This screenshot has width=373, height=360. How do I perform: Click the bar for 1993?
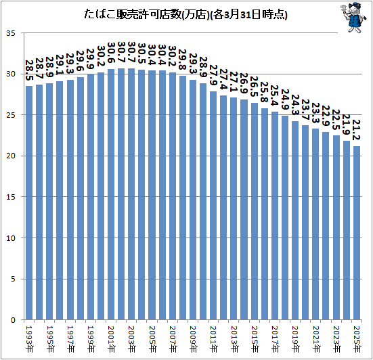click(x=29, y=203)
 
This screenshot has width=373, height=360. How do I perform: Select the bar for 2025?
click(x=357, y=233)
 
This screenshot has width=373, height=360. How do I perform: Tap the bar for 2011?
click(x=213, y=206)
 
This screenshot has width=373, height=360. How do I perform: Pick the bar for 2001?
click(x=111, y=194)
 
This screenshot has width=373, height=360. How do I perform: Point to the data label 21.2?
click(x=356, y=130)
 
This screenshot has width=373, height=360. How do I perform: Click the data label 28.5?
click(x=29, y=70)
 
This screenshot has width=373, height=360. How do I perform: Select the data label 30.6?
click(x=111, y=53)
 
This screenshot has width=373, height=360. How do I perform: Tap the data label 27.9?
click(x=213, y=75)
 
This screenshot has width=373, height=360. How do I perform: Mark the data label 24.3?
click(x=295, y=105)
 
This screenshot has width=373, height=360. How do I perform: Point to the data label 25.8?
click(x=264, y=92)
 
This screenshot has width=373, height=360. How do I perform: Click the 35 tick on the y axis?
click(x=11, y=33)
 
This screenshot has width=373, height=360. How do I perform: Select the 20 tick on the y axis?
click(x=11, y=156)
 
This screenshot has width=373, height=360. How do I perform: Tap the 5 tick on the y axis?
click(x=13, y=279)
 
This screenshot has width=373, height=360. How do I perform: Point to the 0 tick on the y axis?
click(x=13, y=320)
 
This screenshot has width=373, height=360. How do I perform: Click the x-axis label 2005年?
click(x=152, y=339)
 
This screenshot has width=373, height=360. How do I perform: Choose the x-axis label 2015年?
click(x=255, y=339)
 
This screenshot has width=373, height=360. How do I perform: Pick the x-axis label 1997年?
click(x=70, y=339)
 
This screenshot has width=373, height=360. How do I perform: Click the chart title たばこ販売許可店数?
click(x=132, y=15)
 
